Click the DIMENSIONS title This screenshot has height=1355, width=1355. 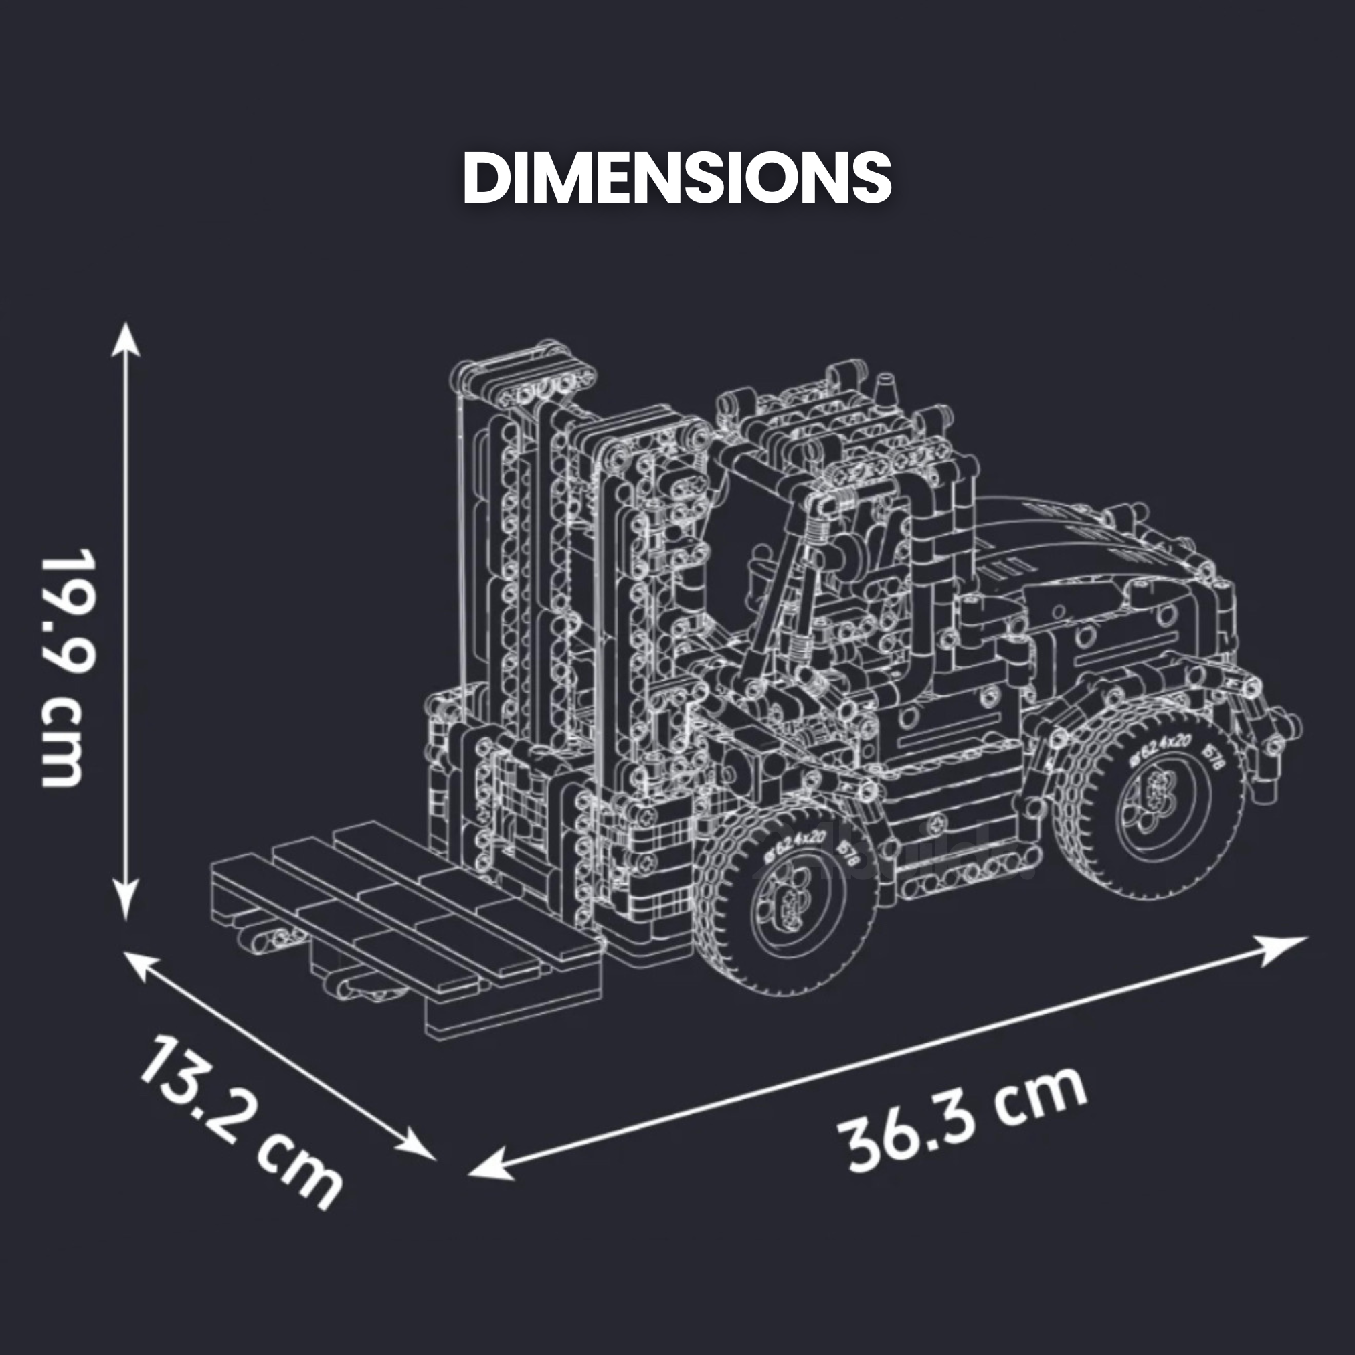[676, 178]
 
